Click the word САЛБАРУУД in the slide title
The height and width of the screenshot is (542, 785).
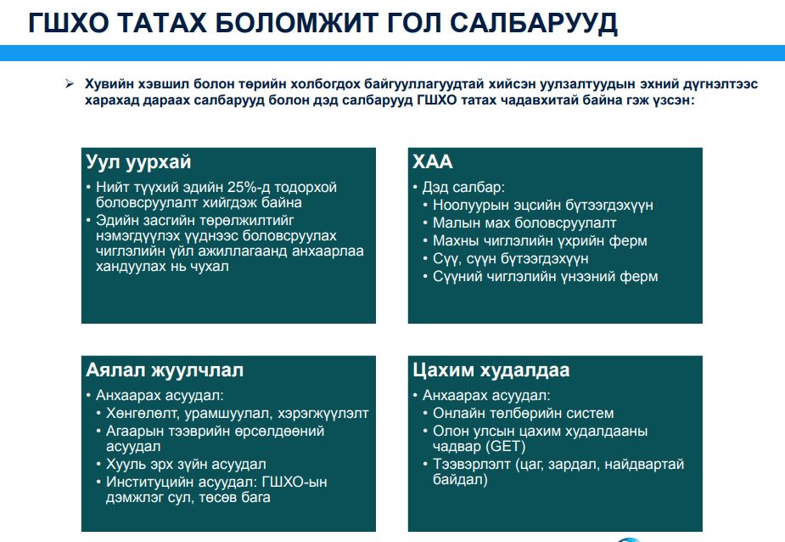pyautogui.click(x=533, y=23)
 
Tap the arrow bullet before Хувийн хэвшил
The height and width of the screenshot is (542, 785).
pyautogui.click(x=70, y=84)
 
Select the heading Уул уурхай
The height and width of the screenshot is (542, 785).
pyautogui.click(x=138, y=162)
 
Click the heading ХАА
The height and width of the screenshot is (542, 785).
pyautogui.click(x=433, y=162)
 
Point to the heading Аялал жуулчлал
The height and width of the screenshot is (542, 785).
pyautogui.click(x=165, y=370)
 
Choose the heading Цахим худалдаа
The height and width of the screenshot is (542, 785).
pyautogui.click(x=491, y=370)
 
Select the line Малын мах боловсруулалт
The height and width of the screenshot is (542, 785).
pyautogui.click(x=524, y=223)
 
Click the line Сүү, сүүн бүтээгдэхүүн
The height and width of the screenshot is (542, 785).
pyautogui.click(x=511, y=259)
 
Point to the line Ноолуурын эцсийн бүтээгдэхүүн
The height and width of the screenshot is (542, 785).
pyautogui.click(x=543, y=205)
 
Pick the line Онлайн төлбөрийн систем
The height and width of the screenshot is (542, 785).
pyautogui.click(x=523, y=413)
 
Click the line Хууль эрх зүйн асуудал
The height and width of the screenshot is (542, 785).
pyautogui.click(x=186, y=464)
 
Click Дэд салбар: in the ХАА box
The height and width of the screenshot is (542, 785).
pyautogui.click(x=463, y=187)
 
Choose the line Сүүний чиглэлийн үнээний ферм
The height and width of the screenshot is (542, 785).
pyautogui.click(x=545, y=276)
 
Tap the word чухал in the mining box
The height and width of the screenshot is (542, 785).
pyautogui.click(x=210, y=266)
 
